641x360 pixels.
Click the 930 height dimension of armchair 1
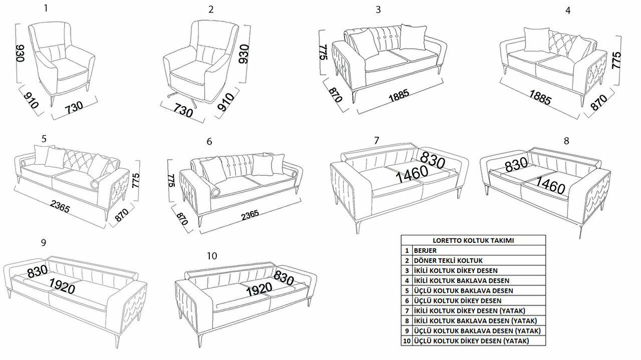[x=20, y=53]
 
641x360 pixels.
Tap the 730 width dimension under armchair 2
[x=183, y=111]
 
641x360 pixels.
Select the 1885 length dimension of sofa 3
[x=399, y=95]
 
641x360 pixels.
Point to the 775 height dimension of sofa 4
[x=616, y=60]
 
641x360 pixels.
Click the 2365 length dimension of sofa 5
[x=60, y=206]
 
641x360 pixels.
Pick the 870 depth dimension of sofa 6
[x=182, y=219]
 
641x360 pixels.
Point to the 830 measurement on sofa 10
[x=283, y=277]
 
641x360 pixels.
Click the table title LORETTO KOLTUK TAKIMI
[x=473, y=240]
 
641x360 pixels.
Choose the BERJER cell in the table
[x=425, y=250]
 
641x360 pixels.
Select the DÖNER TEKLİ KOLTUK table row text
[x=448, y=260]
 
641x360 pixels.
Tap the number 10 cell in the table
[x=407, y=341]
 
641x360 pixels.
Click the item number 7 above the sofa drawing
[x=377, y=141]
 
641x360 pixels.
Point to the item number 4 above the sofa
[x=568, y=11]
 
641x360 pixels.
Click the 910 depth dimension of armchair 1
[x=31, y=100]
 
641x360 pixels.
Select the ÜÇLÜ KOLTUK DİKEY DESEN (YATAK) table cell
[x=471, y=341]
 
